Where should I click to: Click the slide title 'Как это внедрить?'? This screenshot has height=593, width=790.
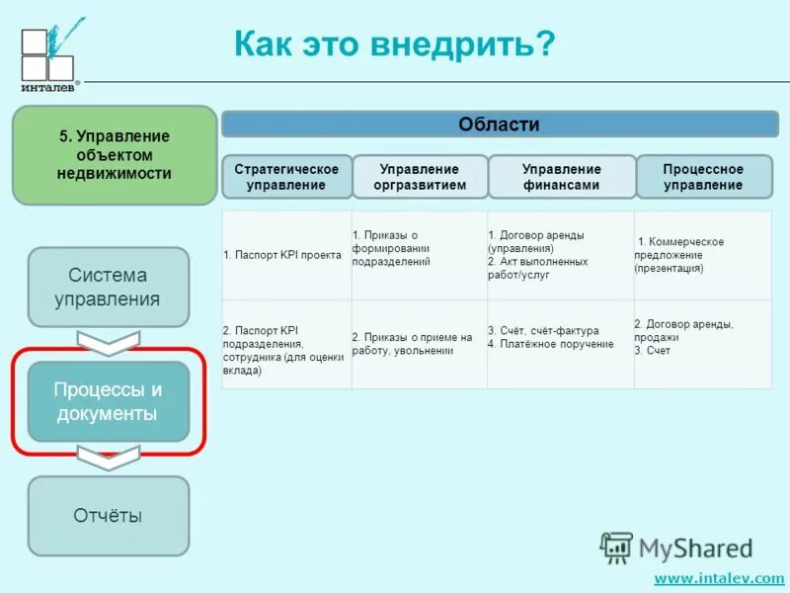click(x=394, y=44)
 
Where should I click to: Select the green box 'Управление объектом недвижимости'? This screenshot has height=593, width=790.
click(x=115, y=155)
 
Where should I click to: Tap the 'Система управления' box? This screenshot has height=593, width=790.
click(x=108, y=287)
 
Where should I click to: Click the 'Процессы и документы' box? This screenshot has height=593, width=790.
click(x=108, y=401)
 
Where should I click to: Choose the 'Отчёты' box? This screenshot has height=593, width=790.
click(x=108, y=515)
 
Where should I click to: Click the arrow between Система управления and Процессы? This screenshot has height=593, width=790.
click(x=108, y=342)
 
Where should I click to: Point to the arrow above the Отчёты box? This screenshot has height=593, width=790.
click(x=108, y=458)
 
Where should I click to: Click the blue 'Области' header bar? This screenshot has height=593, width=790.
click(x=498, y=125)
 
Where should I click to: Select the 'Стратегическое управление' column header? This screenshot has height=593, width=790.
click(x=285, y=177)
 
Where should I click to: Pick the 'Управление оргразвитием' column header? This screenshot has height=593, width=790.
click(x=420, y=177)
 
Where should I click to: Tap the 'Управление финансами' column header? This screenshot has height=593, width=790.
click(x=561, y=177)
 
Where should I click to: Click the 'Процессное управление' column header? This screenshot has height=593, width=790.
click(x=703, y=177)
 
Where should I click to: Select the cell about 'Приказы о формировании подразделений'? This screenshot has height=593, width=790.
click(x=418, y=248)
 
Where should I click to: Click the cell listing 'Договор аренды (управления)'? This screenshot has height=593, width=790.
click(x=559, y=255)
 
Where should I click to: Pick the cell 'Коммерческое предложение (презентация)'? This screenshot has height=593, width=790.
click(x=702, y=255)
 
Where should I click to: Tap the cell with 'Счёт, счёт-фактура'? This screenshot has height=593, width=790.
click(x=559, y=337)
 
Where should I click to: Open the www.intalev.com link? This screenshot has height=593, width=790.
click(x=718, y=578)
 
